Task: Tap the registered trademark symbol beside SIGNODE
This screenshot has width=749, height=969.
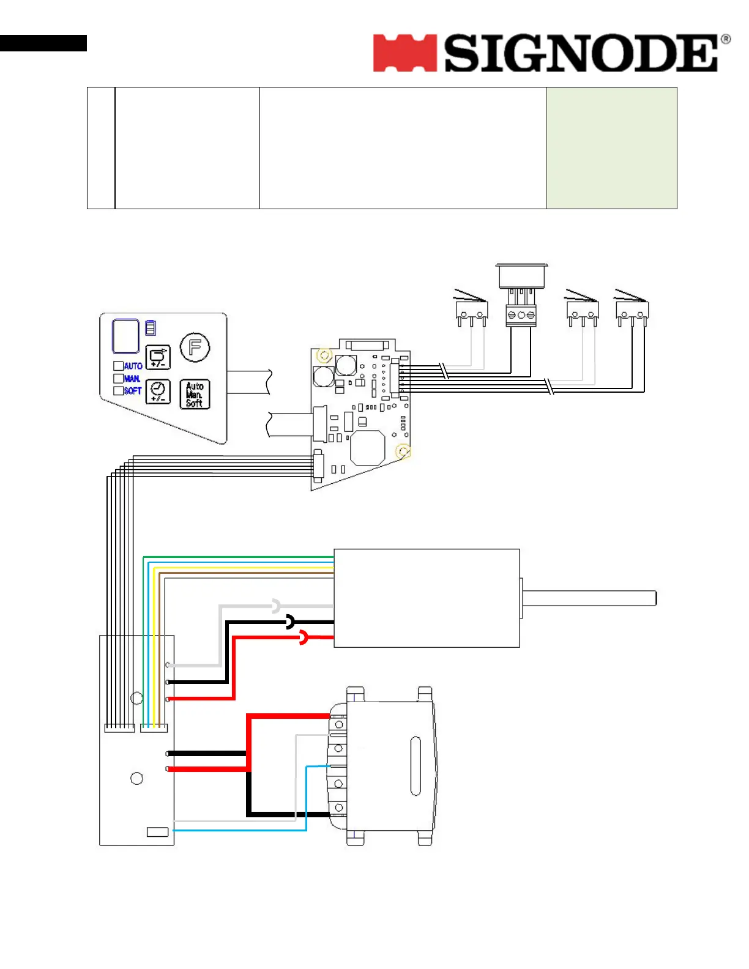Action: [726, 40]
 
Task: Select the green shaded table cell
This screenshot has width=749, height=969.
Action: [611, 147]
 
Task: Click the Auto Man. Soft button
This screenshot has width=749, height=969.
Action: [195, 395]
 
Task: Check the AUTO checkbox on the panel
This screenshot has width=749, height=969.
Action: [119, 366]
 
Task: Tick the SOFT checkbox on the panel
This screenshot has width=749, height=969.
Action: [119, 391]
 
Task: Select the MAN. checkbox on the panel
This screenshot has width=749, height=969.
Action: [119, 379]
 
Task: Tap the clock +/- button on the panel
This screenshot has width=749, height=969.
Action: [158, 392]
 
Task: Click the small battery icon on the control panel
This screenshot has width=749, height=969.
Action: [151, 328]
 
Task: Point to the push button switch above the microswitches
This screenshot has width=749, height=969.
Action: [521, 277]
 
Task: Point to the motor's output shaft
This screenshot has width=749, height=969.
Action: [589, 598]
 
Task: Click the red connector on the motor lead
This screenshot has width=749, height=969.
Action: [304, 638]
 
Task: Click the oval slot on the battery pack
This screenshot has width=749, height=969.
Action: [415, 766]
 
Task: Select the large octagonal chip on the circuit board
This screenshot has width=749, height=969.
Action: [367, 448]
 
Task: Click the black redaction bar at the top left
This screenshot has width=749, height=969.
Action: [43, 43]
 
